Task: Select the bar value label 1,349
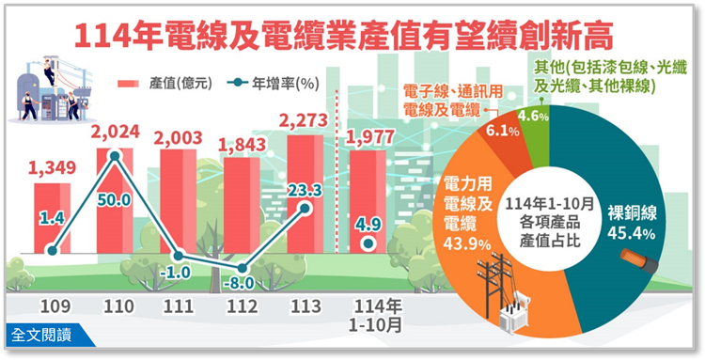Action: pyautogui.click(x=54, y=169)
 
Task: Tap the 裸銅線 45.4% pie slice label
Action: pyautogui.click(x=629, y=222)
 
